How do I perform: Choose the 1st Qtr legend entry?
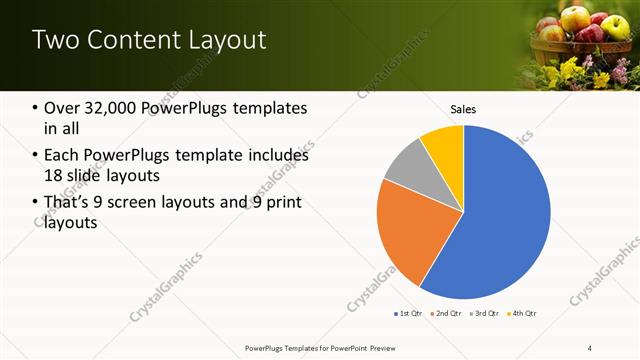[408, 314]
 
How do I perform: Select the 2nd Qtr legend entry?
[444, 314]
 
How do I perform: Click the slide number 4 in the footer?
[589, 348]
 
